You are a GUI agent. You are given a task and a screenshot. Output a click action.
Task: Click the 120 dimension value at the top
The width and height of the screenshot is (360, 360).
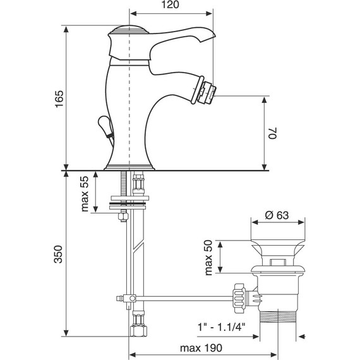point(171,6)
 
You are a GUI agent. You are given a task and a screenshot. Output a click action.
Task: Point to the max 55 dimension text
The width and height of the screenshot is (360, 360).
point(85,194)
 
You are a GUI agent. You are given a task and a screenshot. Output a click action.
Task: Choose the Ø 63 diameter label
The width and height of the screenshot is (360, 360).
point(277,215)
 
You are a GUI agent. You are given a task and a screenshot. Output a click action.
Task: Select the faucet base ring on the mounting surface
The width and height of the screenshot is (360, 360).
point(129,166)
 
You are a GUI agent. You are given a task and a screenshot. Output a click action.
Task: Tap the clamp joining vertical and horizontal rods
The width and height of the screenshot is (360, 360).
point(131,297)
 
